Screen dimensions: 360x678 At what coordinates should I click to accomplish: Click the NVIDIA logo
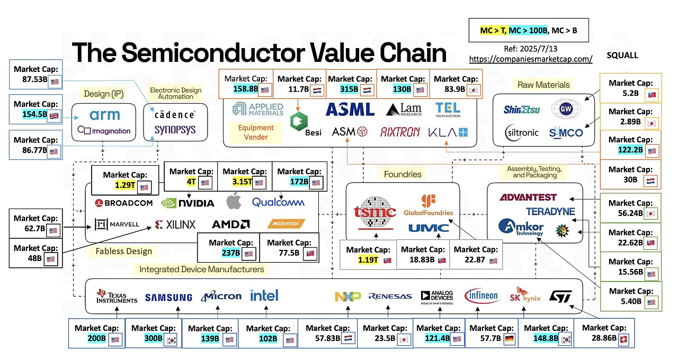click(x=188, y=202)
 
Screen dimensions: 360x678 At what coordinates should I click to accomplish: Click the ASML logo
click(x=350, y=109)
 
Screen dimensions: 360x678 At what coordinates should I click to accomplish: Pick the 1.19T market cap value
click(x=368, y=260)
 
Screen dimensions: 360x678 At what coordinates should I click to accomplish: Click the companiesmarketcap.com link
click(x=531, y=59)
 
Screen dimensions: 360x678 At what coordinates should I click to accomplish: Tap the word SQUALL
click(x=622, y=55)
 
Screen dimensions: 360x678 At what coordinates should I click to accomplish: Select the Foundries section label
click(x=403, y=174)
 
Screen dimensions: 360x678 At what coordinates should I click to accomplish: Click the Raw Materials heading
click(x=543, y=85)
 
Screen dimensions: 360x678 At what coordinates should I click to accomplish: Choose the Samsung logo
click(x=168, y=298)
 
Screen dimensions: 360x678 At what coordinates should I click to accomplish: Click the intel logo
click(x=264, y=295)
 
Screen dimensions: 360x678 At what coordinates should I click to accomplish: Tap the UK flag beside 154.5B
click(x=54, y=115)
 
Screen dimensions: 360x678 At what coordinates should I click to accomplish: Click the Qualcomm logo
click(x=278, y=202)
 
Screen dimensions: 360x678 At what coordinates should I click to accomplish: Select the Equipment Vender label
click(x=256, y=132)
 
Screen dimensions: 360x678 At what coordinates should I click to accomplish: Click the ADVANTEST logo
click(x=528, y=197)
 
